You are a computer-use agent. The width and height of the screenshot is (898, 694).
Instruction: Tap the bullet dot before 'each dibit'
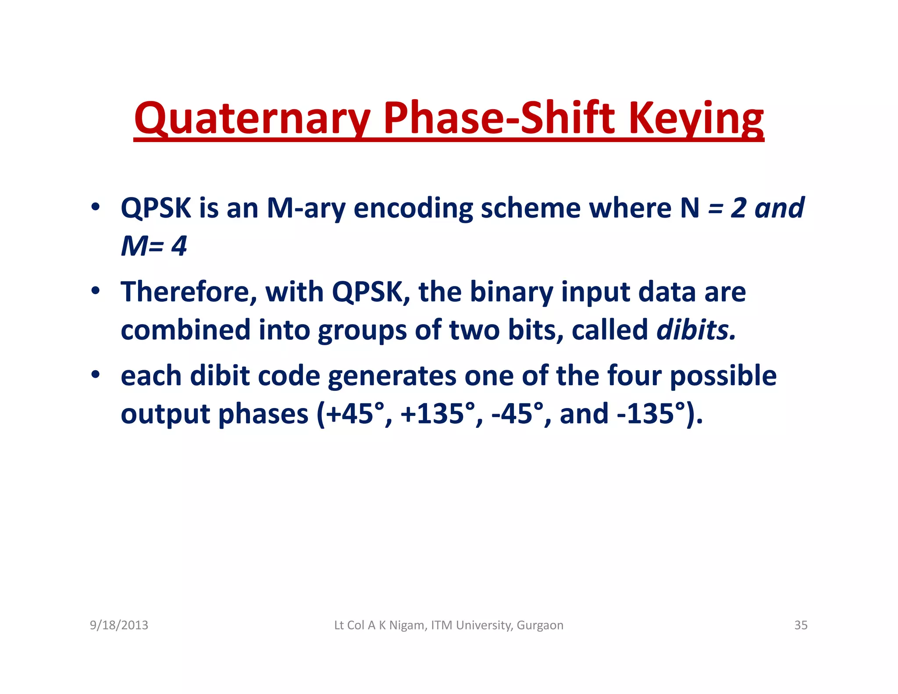click(95, 375)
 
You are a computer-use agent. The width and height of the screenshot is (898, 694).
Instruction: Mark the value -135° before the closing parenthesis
click(651, 414)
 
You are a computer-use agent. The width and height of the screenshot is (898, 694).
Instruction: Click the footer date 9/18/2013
click(119, 625)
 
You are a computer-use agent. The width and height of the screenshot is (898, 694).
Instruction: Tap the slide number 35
click(801, 625)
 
